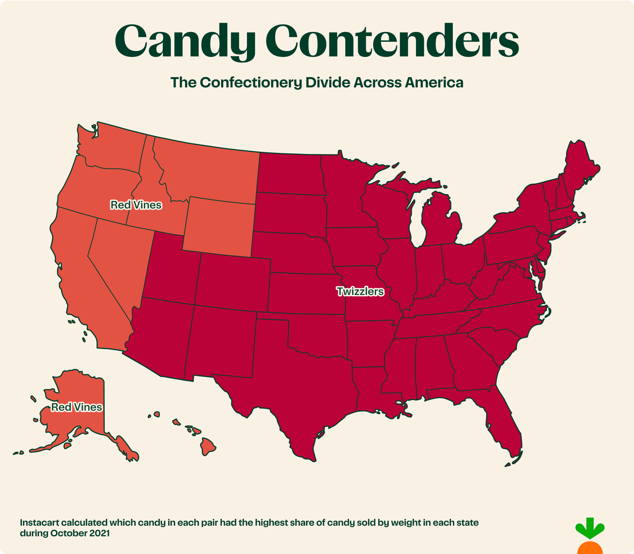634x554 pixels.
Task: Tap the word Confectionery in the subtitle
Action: click(251, 82)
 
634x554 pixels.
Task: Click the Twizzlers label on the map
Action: click(360, 291)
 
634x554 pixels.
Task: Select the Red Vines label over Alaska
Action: click(76, 407)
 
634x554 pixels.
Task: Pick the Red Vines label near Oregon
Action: click(136, 205)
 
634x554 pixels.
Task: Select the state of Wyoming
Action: click(219, 227)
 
